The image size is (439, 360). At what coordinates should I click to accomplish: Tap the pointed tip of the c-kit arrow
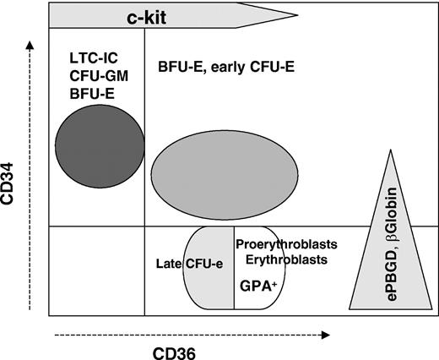pos(297,14)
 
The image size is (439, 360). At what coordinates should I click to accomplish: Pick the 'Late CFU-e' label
pos(189,265)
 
